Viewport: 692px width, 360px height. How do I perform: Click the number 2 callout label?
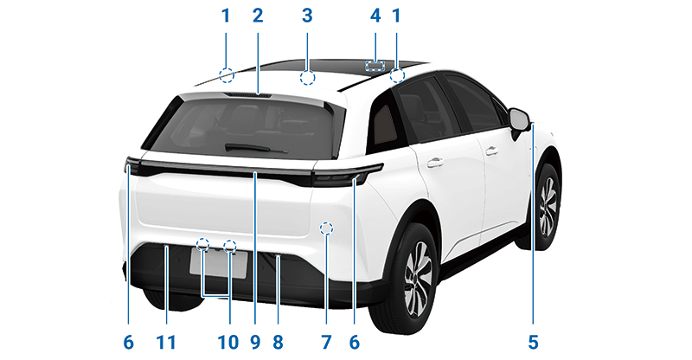tap(258, 16)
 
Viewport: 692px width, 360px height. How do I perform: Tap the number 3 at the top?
tap(307, 16)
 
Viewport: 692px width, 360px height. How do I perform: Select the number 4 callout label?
tap(375, 16)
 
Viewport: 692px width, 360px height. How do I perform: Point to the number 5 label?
tap(533, 343)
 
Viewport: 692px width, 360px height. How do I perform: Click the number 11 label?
tap(166, 343)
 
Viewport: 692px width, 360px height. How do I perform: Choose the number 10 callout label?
tap(228, 343)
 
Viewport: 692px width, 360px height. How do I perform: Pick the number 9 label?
tap(255, 343)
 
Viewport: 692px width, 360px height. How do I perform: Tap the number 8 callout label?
tap(278, 343)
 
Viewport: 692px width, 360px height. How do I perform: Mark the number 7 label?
tap(326, 343)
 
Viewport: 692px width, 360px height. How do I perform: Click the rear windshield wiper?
tap(256, 148)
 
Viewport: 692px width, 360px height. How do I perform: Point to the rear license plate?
tap(219, 263)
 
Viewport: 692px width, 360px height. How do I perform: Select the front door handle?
tap(491, 151)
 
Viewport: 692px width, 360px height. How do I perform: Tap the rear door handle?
tap(435, 163)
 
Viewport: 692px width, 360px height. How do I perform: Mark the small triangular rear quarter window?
tap(384, 124)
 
